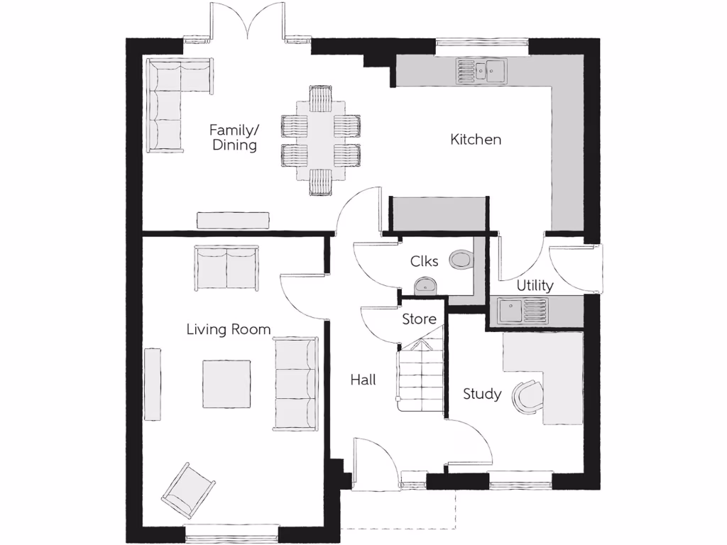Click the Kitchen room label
pos(476,140)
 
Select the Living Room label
pos(228,329)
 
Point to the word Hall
pos(363,380)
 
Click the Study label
pos(482,394)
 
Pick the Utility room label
pos(535,286)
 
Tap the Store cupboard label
pos(420,319)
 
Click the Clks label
pos(424,261)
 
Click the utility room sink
pos(523,309)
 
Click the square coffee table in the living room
pos(226,384)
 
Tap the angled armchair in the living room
pos(187,490)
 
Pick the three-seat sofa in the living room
pos(295,383)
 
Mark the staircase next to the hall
pos(421,376)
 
